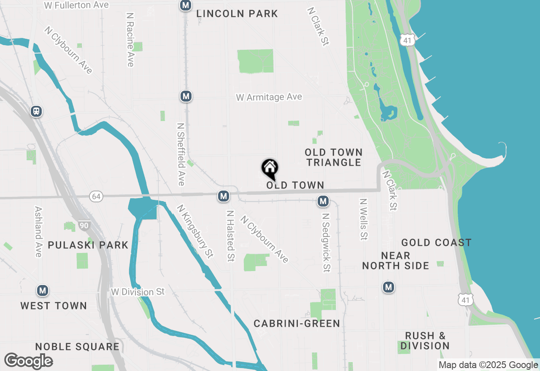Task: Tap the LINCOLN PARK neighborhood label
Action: (237, 14)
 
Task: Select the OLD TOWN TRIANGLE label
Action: (334, 157)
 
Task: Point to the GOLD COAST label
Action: (436, 242)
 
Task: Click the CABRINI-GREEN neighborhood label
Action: (297, 323)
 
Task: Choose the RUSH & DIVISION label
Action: (425, 341)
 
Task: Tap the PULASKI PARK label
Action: (88, 245)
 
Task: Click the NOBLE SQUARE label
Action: (77, 347)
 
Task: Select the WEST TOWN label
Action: (54, 306)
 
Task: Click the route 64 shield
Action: (96, 196)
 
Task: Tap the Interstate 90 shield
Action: (84, 226)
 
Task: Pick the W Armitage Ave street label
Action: (269, 97)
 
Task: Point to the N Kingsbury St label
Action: (195, 231)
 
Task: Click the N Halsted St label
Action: (230, 236)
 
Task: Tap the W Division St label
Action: (138, 292)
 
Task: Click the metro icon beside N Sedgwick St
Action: (323, 202)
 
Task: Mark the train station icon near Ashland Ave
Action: (36, 111)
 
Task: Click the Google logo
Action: (29, 361)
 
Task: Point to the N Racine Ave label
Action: (130, 39)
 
